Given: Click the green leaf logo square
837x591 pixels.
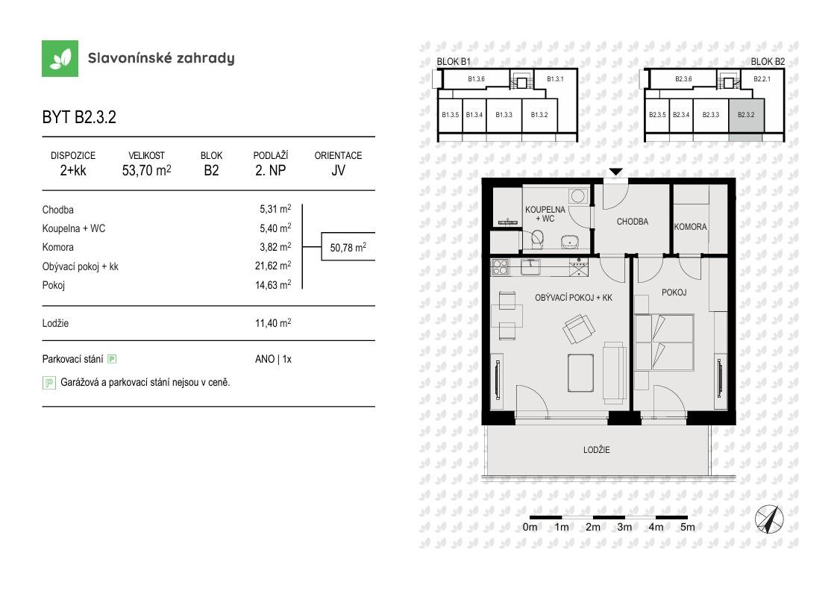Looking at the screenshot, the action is (60, 58).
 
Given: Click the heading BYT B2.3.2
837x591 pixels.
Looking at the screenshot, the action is (79, 117).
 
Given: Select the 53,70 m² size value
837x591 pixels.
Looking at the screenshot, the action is (146, 170).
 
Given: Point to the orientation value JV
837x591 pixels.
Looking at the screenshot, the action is (338, 170).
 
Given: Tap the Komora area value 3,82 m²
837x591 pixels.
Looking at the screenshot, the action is (275, 247).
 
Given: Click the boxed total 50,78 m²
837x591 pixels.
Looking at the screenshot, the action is (348, 247).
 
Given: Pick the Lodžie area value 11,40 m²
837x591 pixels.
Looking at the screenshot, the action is (273, 322).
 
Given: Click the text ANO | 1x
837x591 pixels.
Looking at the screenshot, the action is (273, 359).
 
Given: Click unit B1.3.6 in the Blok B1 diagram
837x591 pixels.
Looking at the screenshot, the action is (476, 79).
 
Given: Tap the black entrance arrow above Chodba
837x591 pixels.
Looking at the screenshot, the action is (616, 172).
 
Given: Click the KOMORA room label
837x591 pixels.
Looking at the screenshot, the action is (690, 227).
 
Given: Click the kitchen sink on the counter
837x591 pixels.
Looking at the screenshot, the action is (530, 266).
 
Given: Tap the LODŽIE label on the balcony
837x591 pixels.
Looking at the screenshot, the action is (596, 450).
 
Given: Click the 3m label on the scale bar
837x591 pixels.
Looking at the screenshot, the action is (624, 528).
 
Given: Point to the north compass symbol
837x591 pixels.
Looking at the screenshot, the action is (768, 519).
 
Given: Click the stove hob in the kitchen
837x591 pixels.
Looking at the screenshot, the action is (500, 267).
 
